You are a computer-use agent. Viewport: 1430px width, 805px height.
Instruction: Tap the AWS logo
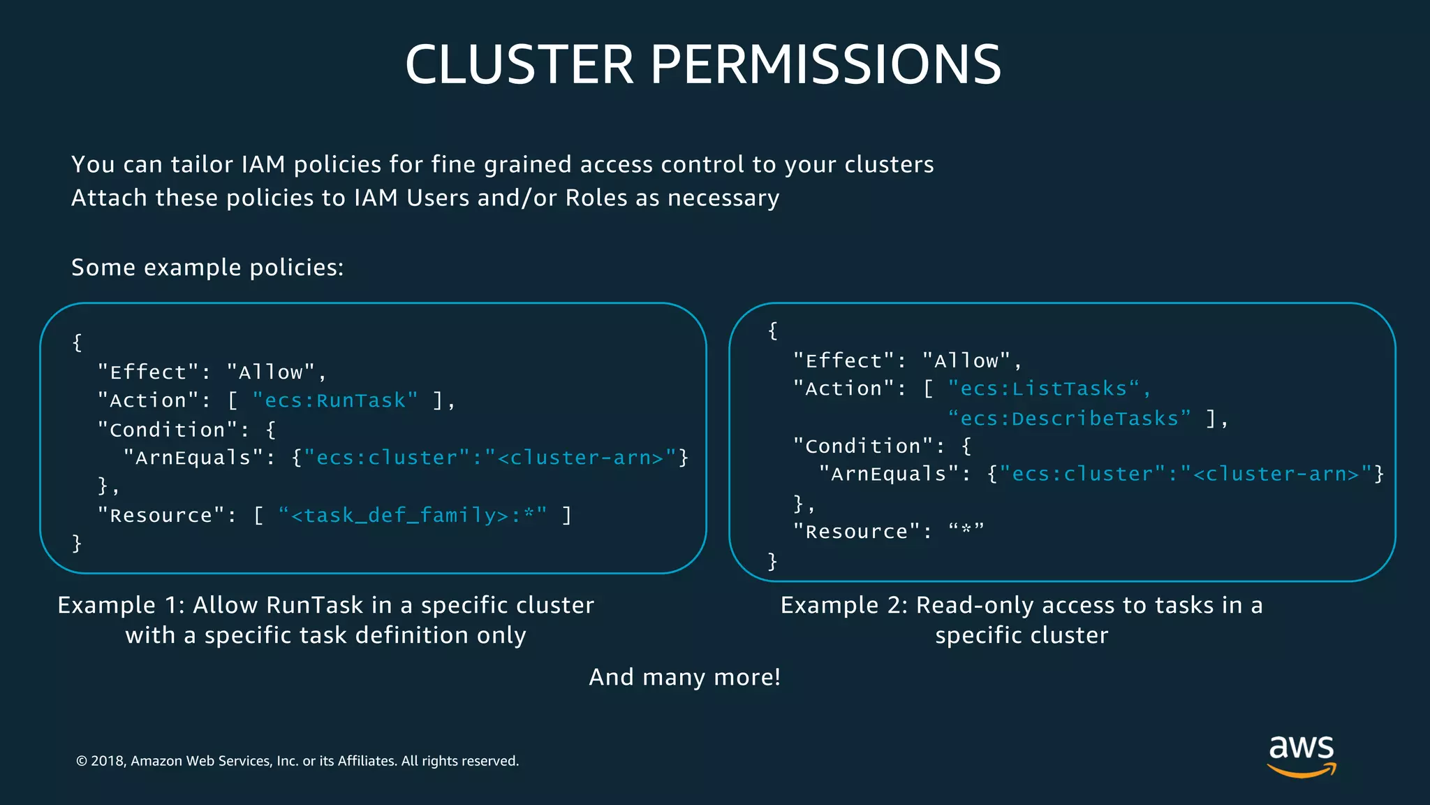point(1302,755)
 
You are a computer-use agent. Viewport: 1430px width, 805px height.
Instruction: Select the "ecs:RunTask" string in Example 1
point(335,400)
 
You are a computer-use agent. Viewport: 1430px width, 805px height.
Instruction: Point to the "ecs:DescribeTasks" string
point(1069,419)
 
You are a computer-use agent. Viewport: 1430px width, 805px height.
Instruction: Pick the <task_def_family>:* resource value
point(412,516)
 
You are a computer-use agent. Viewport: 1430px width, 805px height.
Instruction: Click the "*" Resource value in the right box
point(966,531)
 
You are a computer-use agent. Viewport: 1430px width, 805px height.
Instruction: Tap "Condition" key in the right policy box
point(863,446)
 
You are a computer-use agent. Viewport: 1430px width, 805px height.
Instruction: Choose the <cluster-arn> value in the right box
point(1276,474)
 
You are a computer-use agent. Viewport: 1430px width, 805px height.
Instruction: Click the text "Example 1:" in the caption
point(121,605)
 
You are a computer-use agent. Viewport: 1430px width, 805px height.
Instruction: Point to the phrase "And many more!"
point(684,677)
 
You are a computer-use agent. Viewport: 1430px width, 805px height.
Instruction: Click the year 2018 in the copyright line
point(108,761)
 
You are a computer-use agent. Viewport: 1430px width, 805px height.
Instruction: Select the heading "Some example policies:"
point(207,268)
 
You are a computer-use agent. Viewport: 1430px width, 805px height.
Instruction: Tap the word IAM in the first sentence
point(263,165)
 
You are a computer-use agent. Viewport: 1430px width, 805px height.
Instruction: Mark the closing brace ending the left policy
point(77,544)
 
